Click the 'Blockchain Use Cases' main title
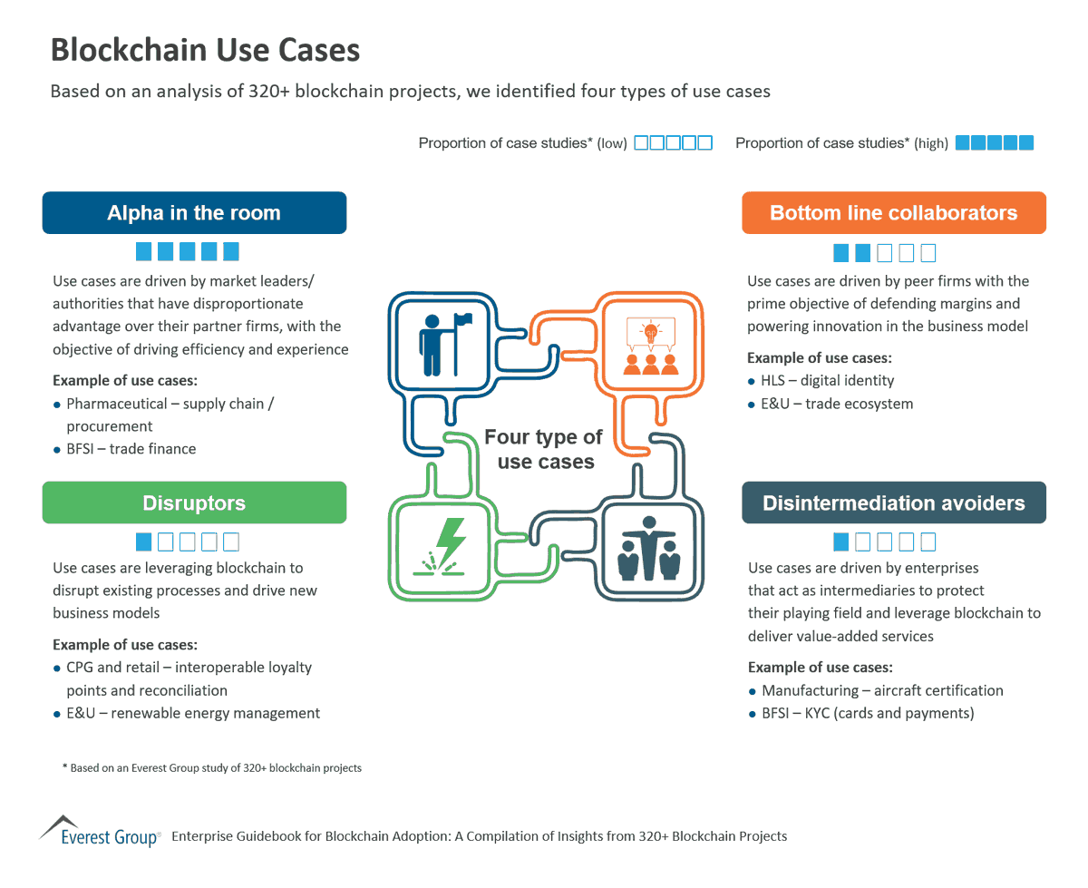pos(205,50)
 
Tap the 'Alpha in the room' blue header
pos(194,213)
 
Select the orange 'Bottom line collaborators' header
pos(893,213)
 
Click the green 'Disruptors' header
pos(194,503)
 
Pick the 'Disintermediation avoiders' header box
pos(893,503)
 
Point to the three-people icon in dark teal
pos(648,548)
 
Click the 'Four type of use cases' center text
pos(544,449)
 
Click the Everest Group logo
pos(100,833)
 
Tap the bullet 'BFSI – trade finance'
pos(131,449)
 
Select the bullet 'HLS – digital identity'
pos(827,381)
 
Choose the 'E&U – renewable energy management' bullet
pos(192,713)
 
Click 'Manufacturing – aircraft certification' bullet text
pos(882,690)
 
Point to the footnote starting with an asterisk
pos(212,767)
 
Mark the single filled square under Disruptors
pos(143,542)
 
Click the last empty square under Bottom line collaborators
pos(928,252)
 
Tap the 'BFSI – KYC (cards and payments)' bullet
pos(868,713)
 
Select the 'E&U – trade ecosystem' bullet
pos(837,404)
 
